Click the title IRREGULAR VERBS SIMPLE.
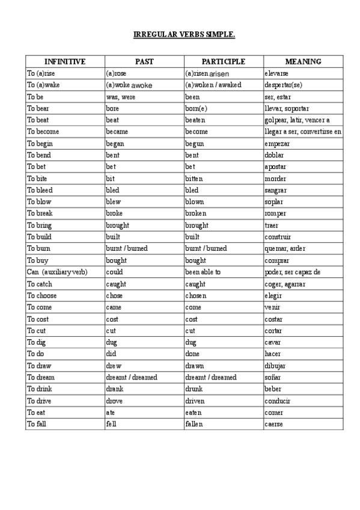(x=184, y=34)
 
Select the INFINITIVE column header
(x=65, y=61)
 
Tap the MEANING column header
(x=303, y=61)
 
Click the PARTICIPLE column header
(x=224, y=61)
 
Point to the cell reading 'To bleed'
(x=40, y=190)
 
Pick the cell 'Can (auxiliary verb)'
(x=58, y=272)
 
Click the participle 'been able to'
(x=203, y=272)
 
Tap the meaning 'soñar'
(x=273, y=378)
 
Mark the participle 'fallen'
(x=194, y=424)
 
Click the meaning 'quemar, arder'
(x=285, y=249)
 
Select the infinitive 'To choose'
(x=42, y=296)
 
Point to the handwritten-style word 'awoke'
(x=142, y=85)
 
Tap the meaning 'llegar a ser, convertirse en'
(x=303, y=132)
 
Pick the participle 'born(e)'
(x=196, y=108)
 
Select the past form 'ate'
(x=111, y=413)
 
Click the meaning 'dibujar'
(x=275, y=366)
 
